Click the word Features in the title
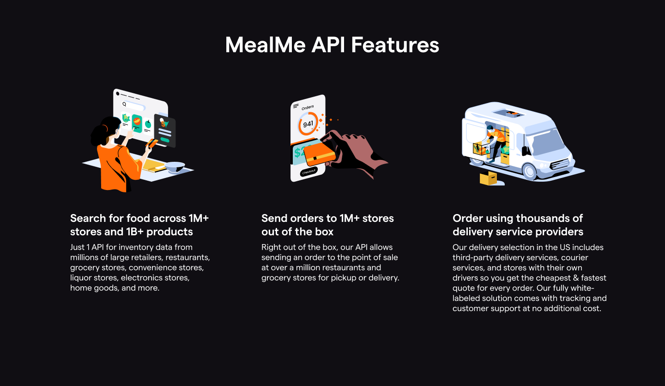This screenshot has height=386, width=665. tap(395, 45)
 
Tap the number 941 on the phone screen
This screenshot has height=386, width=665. tap(308, 124)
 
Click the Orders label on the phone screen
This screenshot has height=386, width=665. tap(308, 107)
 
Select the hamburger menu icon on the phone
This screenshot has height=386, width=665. tap(296, 106)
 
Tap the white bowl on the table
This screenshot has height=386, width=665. tap(175, 166)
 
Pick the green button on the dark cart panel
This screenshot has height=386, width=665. tap(165, 124)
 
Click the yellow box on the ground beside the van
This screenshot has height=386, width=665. tap(489, 178)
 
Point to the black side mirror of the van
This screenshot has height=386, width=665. tap(525, 151)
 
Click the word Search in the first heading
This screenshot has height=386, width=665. tap(85, 218)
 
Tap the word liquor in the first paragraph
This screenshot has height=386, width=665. tap(81, 278)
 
